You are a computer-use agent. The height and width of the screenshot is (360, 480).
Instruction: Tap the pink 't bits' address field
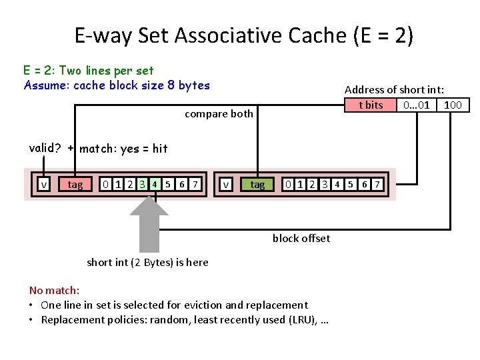click(371, 105)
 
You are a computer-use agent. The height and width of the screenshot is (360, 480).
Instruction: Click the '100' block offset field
click(453, 105)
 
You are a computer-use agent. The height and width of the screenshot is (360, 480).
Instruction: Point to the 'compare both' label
click(219, 113)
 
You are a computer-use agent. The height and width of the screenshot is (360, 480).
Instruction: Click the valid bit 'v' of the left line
click(44, 184)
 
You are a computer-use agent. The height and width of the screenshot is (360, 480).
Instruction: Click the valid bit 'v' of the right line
click(227, 184)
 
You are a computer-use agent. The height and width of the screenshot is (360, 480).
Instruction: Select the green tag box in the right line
click(257, 184)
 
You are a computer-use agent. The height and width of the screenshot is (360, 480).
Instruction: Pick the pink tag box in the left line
click(75, 184)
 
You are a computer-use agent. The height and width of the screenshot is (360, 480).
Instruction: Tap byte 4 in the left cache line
click(154, 184)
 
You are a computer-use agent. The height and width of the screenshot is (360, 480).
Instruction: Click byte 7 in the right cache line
click(378, 184)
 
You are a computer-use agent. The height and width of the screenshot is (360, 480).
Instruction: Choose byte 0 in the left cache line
click(105, 184)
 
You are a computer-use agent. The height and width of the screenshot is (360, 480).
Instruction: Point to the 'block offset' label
click(301, 239)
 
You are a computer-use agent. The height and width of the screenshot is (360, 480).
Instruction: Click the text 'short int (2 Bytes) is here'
click(147, 262)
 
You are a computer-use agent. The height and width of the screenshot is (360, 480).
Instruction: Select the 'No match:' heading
click(54, 290)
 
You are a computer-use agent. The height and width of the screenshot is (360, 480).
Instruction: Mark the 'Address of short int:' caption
click(394, 89)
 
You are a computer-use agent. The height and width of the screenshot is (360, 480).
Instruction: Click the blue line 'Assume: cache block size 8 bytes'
click(117, 85)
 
